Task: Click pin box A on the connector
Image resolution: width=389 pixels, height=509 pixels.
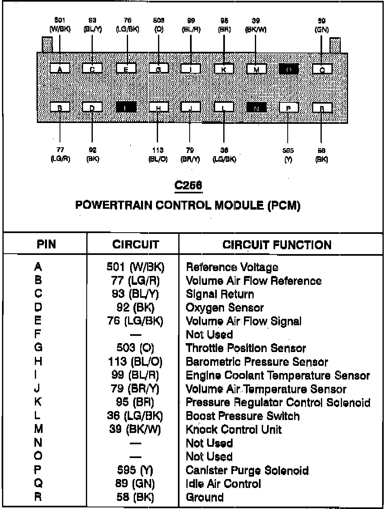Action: coord(60,69)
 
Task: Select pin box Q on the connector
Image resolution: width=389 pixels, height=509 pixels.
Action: coord(322,69)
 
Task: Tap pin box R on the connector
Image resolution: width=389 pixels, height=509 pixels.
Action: coord(322,108)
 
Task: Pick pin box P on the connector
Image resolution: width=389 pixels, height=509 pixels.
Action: coord(289,108)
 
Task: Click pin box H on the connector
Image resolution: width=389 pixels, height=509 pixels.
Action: coord(158,108)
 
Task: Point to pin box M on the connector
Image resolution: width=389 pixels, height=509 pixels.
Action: coord(256,69)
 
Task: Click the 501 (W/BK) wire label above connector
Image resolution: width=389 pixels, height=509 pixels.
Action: coord(60,25)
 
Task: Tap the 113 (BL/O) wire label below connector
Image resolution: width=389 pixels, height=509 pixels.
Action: coord(158,155)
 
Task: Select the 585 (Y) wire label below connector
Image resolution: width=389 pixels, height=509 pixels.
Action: coord(288,155)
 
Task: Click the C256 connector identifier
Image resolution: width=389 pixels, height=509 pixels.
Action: coord(188,185)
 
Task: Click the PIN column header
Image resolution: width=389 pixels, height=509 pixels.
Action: coord(46,244)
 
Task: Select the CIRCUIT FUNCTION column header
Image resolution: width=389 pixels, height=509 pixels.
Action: coord(277,245)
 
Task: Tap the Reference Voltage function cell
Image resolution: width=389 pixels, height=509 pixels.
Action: coord(232,267)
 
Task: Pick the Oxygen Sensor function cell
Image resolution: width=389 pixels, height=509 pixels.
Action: coord(224,308)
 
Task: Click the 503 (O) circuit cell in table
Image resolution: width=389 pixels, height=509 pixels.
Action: coord(135,348)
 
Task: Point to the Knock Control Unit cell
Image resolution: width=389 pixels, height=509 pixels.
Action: coord(233,430)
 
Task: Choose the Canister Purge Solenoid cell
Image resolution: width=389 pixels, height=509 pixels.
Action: coord(247,471)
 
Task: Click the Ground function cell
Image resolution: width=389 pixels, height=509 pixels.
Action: coord(204,497)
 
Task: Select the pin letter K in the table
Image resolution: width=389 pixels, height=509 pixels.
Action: coord(38,403)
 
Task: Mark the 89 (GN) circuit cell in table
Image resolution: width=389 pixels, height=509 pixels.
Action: coord(135,484)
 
